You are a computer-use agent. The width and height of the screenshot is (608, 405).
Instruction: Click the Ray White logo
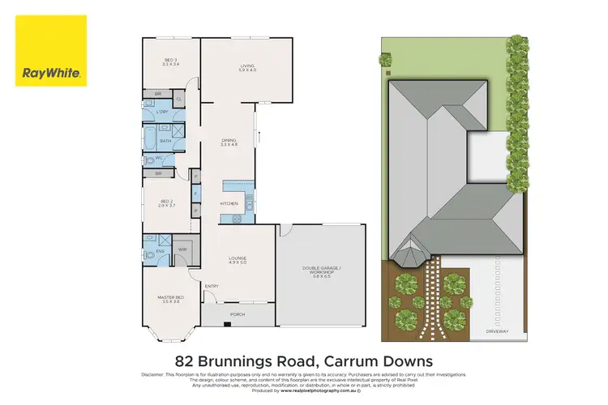tap(51, 50)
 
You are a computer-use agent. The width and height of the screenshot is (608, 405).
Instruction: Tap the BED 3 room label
tap(171, 61)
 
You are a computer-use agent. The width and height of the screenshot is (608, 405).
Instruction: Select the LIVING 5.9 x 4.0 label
tap(246, 67)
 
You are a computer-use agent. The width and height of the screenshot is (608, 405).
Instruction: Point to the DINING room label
tap(229, 143)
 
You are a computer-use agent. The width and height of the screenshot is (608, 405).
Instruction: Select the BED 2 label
tap(167, 203)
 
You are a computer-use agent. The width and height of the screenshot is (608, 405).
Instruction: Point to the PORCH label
tap(238, 314)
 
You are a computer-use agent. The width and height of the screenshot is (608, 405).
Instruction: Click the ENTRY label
tap(212, 286)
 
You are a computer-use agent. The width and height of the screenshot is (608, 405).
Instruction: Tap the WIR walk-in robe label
tap(183, 249)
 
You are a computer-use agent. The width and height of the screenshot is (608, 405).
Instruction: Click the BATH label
tap(165, 141)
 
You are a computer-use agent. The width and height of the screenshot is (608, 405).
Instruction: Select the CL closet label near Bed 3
tap(179, 100)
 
